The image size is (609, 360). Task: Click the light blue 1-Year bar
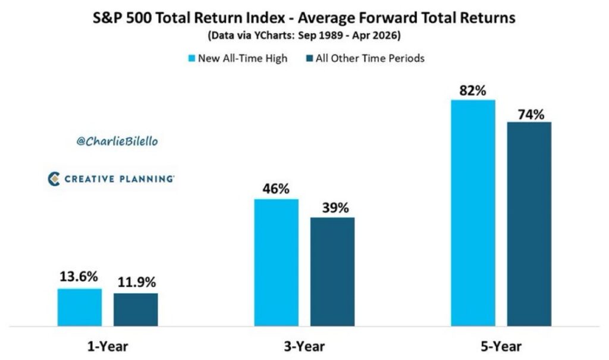(80, 307)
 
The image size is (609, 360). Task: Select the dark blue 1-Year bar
(136, 309)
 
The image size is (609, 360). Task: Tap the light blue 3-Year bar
(277, 262)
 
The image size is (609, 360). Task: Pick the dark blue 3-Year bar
(332, 271)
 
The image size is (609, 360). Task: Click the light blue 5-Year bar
(473, 213)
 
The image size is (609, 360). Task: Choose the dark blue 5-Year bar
(529, 224)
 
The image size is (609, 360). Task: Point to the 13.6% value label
(79, 277)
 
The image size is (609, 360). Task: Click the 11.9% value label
(136, 282)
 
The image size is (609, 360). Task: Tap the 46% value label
(276, 189)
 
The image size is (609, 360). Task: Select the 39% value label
(332, 208)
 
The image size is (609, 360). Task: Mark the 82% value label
(473, 90)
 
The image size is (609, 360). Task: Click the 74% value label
(529, 113)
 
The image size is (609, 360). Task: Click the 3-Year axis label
(304, 346)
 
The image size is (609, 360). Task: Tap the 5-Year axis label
(501, 346)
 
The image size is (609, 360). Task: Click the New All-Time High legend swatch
(192, 58)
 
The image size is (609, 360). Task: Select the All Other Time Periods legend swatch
(309, 58)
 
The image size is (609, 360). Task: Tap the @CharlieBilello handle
(118, 142)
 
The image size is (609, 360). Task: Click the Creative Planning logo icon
(54, 179)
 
